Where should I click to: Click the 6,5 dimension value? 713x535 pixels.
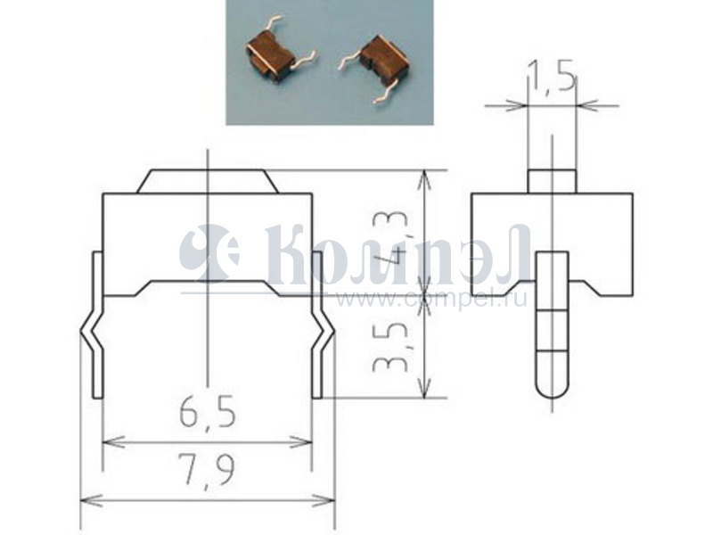208,412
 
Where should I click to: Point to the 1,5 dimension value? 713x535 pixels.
552,77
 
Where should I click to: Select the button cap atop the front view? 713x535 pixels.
208,182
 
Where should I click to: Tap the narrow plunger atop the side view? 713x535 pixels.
552,182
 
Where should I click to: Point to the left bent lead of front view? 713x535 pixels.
94,325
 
